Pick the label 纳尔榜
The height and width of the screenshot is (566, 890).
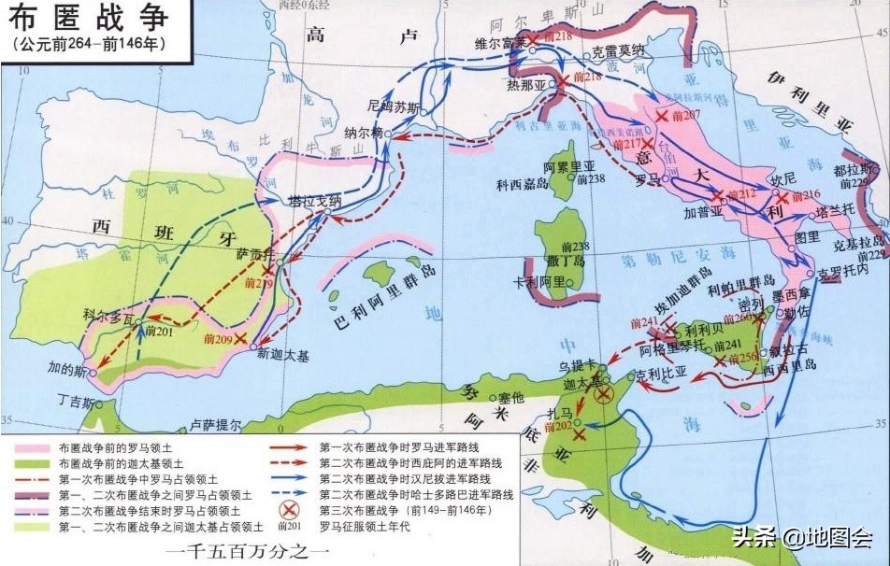coord(364,132)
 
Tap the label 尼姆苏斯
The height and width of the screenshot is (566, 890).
coord(390,106)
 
